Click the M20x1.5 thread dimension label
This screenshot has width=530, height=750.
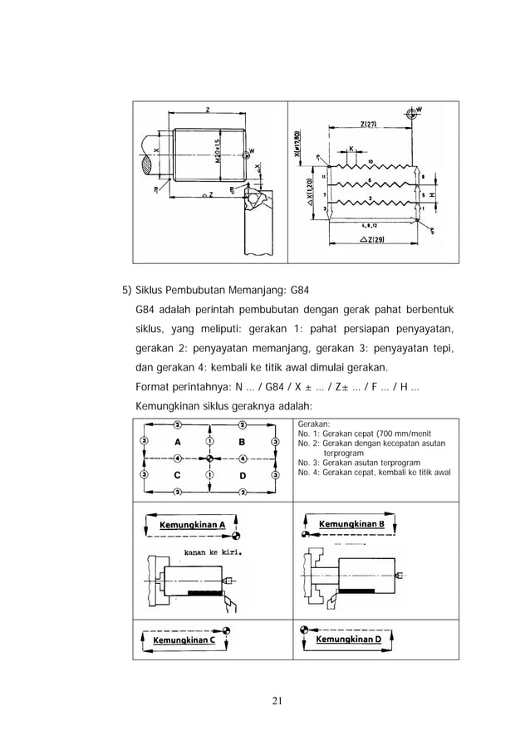(x=218, y=154)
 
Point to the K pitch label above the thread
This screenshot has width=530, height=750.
(x=351, y=150)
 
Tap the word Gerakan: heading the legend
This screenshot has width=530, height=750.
(x=314, y=423)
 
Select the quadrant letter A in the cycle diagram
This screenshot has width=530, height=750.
(x=178, y=442)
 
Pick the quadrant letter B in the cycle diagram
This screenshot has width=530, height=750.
(x=243, y=442)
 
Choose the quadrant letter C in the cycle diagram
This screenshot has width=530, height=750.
(x=178, y=475)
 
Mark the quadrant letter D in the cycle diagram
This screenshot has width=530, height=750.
(x=243, y=475)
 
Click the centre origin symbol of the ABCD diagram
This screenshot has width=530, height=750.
(x=210, y=458)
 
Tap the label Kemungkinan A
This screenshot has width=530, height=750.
(x=192, y=524)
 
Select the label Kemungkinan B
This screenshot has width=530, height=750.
(x=351, y=524)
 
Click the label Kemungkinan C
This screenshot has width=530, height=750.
(x=184, y=640)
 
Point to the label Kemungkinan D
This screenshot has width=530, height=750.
(x=348, y=640)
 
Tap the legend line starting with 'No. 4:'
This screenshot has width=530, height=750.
(x=374, y=473)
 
